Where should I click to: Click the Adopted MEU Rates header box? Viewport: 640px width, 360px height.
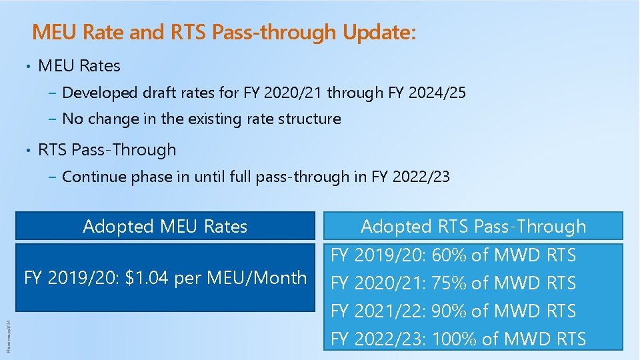click(165, 227)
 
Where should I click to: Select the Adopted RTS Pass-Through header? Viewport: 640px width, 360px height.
click(473, 227)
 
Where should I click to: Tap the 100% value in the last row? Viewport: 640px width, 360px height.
click(454, 339)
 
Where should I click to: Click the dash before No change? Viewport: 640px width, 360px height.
click(53, 119)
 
